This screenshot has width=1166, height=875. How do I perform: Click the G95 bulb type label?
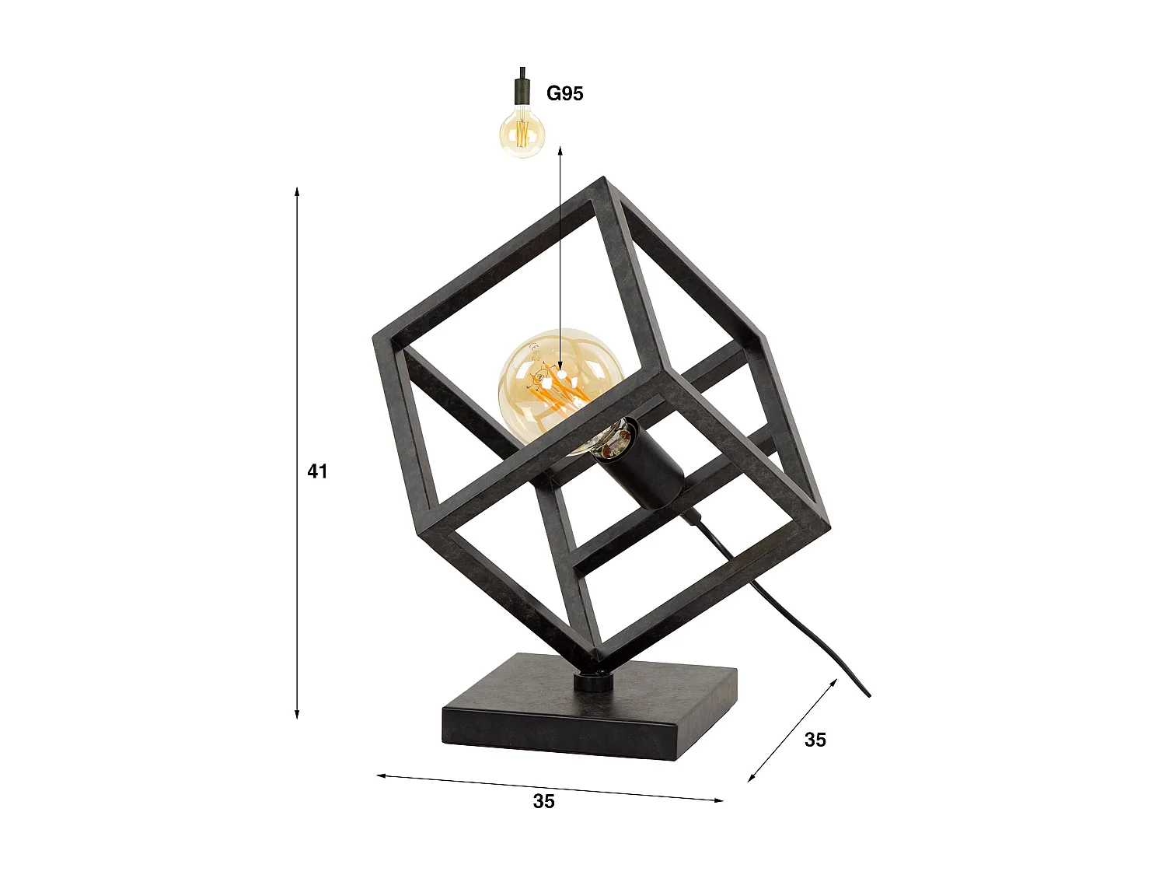click(x=564, y=93)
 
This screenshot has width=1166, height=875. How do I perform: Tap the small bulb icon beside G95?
click(x=522, y=132)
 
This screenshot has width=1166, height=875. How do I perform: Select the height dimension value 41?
click(x=317, y=471)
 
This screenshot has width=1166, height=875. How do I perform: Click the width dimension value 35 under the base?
click(x=543, y=801)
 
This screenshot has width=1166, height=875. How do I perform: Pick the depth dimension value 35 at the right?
click(x=815, y=740)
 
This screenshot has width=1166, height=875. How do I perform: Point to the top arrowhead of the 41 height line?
click(x=297, y=191)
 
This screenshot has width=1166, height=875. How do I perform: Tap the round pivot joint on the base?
click(x=593, y=681)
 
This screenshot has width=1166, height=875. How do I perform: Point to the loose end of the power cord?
click(x=868, y=695)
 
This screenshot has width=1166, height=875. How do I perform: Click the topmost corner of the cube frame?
click(x=602, y=181)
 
